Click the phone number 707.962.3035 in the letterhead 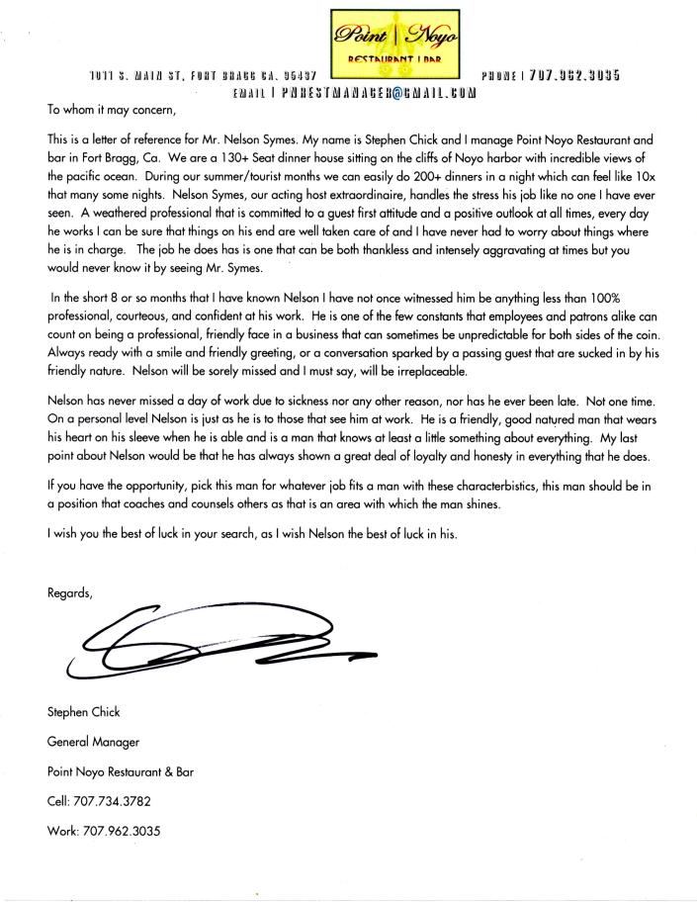574,75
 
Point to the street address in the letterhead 202,75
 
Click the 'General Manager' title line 93,740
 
